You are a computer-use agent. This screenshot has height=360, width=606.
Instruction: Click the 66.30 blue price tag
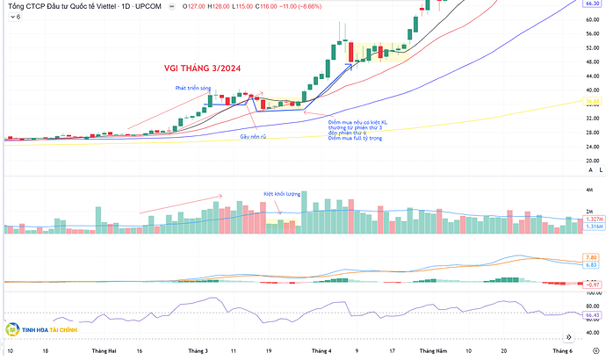pyautogui.click(x=591, y=4)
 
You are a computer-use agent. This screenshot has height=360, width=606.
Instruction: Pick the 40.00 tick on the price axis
pyautogui.click(x=590, y=90)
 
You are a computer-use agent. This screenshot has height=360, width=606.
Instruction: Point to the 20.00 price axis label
pyautogui.click(x=590, y=160)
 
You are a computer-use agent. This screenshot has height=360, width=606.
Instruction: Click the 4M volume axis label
pyautogui.click(x=588, y=191)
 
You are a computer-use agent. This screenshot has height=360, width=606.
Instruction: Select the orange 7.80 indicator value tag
pyautogui.click(x=591, y=257)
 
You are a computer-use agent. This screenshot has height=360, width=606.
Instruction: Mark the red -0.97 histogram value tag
pyautogui.click(x=591, y=284)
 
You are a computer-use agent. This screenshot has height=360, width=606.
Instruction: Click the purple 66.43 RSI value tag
pyautogui.click(x=591, y=313)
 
